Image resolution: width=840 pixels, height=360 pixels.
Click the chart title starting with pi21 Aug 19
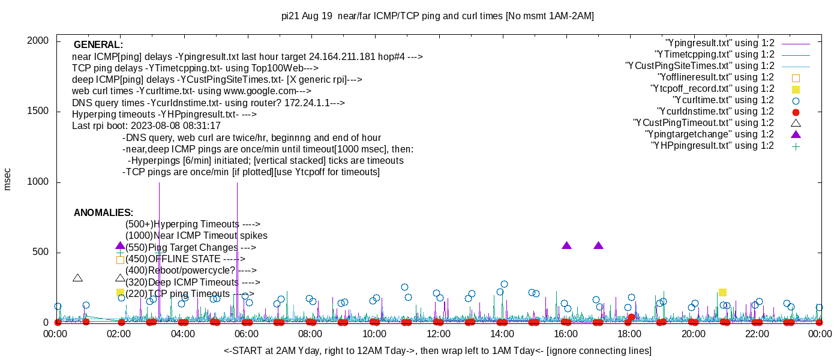tap(437, 16)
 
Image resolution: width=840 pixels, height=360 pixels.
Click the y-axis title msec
tap(8, 179)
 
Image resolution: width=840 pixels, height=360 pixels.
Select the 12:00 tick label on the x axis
tap(438, 334)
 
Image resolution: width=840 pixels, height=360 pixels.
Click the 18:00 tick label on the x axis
tap(629, 334)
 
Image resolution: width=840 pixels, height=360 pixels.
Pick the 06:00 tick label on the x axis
tap(247, 334)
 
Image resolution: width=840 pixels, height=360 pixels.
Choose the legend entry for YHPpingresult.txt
tap(712, 146)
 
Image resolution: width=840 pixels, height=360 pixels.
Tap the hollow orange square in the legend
tap(796, 77)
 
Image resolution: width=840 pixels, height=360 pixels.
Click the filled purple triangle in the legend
tap(796, 134)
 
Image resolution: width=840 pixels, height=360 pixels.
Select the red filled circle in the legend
tap(796, 112)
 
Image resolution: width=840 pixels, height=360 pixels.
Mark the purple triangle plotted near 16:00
tap(566, 245)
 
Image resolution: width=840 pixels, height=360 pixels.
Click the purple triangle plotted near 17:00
tap(598, 245)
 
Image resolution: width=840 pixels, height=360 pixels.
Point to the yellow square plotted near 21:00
tap(722, 292)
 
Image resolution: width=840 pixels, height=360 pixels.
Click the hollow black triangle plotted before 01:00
tap(77, 278)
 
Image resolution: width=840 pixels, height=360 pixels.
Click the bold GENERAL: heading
tap(98, 45)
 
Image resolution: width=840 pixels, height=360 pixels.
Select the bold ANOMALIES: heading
tap(103, 213)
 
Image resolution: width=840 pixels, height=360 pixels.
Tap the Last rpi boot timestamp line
tap(146, 126)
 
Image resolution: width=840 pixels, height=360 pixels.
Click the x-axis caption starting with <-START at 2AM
tap(437, 350)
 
